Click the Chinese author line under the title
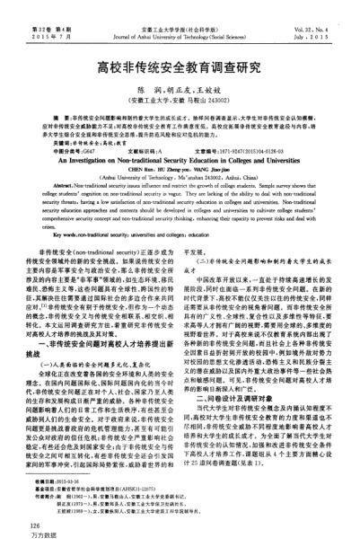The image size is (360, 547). [x=180, y=92]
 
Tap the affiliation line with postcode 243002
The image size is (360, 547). [x=180, y=103]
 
